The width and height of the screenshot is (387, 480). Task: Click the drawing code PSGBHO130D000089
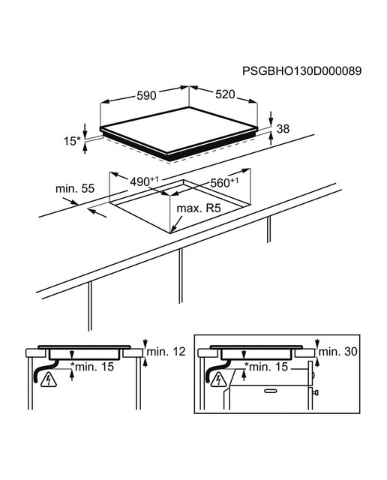[x=302, y=71]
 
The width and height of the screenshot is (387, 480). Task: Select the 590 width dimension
[x=146, y=95]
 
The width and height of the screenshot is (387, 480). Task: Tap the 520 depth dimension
[x=225, y=94]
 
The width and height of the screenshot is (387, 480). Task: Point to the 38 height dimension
[x=283, y=129]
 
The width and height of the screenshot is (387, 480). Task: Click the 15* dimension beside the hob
[x=72, y=141]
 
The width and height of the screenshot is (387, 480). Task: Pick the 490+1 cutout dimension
[x=144, y=181]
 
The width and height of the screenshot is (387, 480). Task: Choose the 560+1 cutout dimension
[x=224, y=182]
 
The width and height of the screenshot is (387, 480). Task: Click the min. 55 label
[x=75, y=188]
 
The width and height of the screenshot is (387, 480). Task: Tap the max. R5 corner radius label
[x=199, y=208]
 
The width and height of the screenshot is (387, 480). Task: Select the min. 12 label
[x=166, y=352]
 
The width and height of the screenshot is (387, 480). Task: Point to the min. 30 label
[x=338, y=352]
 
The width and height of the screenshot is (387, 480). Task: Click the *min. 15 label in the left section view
[x=92, y=367]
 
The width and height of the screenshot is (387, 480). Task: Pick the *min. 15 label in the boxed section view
[x=266, y=367]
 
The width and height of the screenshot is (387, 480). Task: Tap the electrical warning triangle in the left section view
[x=48, y=380]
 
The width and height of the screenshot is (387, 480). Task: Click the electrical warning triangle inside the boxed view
[x=219, y=379]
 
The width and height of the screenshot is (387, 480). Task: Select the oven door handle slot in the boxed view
[x=271, y=391]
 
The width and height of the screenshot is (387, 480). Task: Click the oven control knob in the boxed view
[x=316, y=392]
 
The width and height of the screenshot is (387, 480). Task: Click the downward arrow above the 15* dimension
[x=85, y=130]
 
